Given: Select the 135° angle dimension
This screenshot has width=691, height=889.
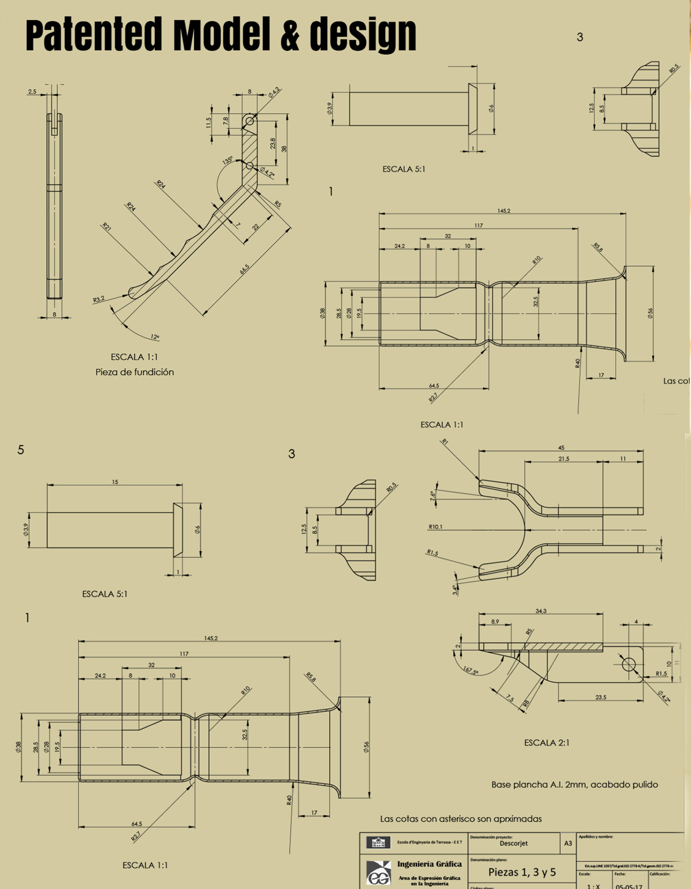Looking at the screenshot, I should (x=227, y=160).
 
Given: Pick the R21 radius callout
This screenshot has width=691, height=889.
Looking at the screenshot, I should (x=106, y=227).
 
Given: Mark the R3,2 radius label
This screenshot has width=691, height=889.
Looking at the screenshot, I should (x=99, y=300).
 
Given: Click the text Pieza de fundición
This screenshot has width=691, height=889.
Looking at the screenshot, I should (x=135, y=372).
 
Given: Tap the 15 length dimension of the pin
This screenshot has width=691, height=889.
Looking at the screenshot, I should (x=115, y=482).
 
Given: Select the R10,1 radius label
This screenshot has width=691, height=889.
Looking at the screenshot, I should (x=435, y=527).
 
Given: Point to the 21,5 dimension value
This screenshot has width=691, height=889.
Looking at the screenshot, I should (x=564, y=459).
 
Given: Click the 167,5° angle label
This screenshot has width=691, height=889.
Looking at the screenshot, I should (x=471, y=670).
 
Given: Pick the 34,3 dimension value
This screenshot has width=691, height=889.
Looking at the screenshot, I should (x=541, y=611).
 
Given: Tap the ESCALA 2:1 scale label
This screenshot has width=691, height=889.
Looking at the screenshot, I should (x=547, y=743).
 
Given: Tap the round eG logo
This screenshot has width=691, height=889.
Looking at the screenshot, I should (x=379, y=875).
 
